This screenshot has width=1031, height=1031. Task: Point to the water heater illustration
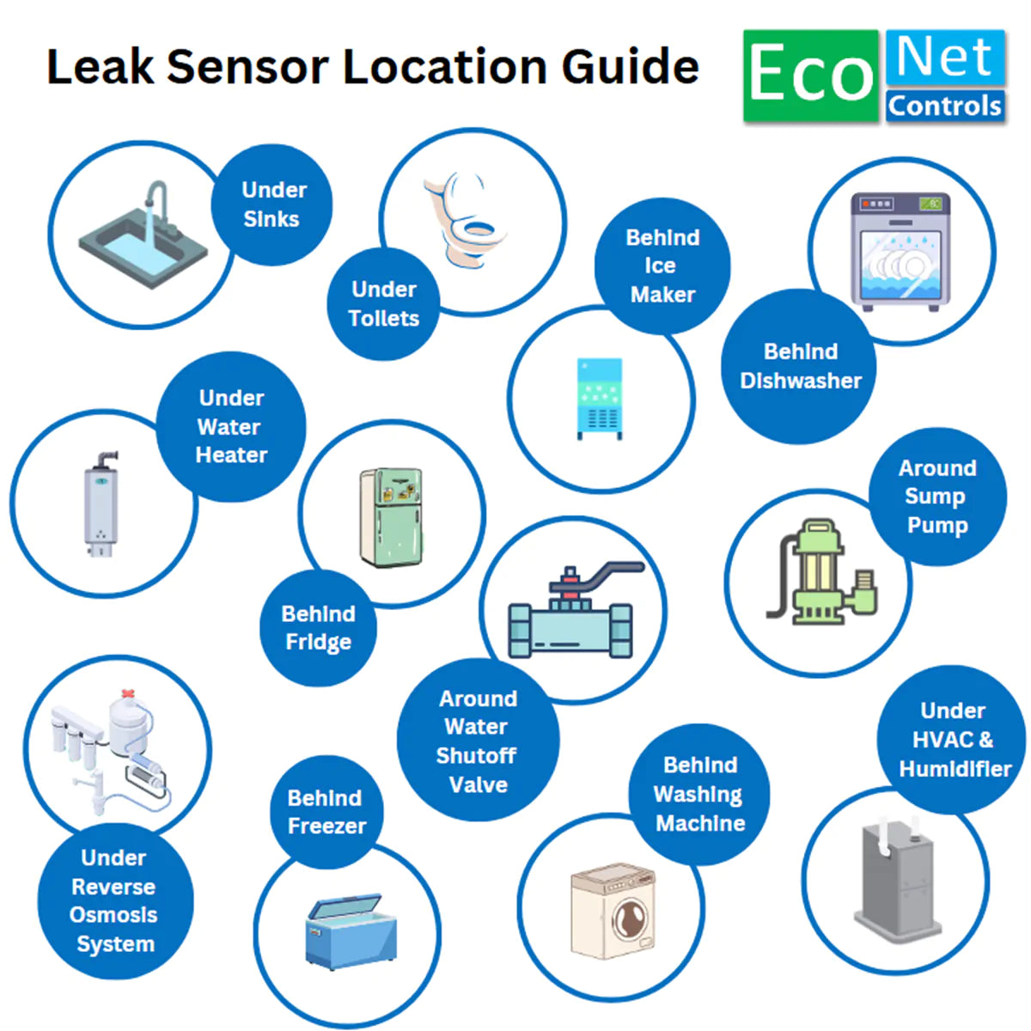(101, 503)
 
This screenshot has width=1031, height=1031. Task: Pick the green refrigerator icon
(392, 517)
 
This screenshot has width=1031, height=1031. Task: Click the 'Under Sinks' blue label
(272, 204)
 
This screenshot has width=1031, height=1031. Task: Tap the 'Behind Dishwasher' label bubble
(799, 366)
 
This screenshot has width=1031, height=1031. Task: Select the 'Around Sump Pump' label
(936, 497)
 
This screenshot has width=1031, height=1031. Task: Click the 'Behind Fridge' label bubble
(318, 628)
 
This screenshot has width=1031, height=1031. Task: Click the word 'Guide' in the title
(630, 67)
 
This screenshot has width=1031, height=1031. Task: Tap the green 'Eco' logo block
(811, 76)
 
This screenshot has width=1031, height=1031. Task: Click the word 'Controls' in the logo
(944, 106)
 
